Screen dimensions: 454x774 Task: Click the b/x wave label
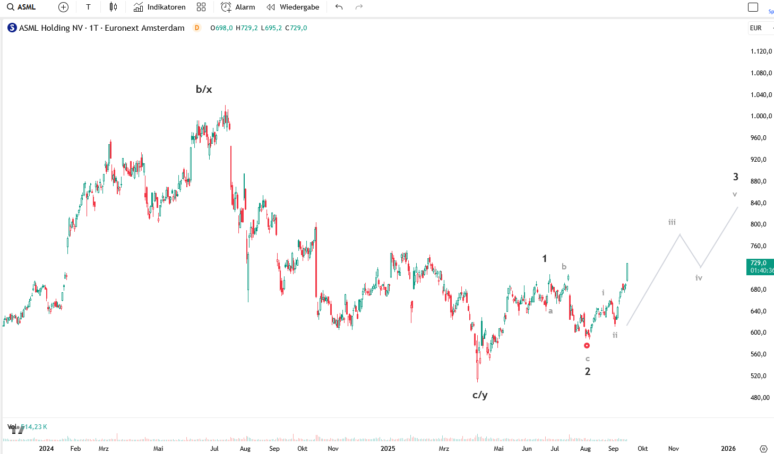click(204, 89)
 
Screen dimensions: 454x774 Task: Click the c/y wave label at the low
click(480, 395)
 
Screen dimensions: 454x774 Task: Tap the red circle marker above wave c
click(587, 346)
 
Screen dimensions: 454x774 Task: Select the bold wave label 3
click(736, 177)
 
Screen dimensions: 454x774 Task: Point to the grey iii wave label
click(672, 222)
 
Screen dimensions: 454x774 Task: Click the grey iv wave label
click(699, 278)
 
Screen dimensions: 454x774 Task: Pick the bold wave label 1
click(544, 258)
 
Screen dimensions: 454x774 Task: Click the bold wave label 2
click(588, 371)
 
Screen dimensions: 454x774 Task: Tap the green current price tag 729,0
click(760, 266)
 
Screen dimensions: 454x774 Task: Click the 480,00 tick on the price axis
click(760, 398)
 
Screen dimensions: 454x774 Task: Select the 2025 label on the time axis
click(388, 449)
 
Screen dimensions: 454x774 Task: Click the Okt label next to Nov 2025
click(643, 449)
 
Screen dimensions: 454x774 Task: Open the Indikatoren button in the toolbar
click(159, 7)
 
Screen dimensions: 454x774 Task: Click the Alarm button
click(238, 7)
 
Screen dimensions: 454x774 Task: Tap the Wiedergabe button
click(293, 7)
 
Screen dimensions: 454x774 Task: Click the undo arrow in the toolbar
click(339, 7)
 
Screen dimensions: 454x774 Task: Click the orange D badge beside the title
click(197, 28)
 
